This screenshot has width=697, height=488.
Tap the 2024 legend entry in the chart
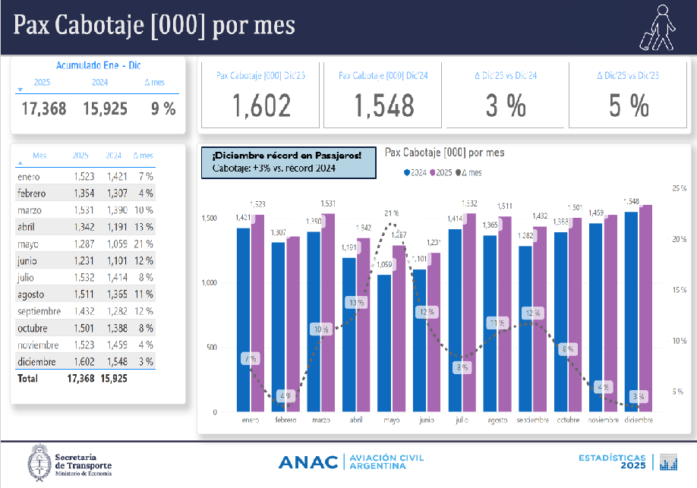point(415,172)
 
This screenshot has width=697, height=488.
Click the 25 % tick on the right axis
point(679,187)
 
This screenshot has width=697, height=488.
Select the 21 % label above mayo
point(391,213)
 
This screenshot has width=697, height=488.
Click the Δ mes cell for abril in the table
point(143,227)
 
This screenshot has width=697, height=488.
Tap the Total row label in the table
point(27,378)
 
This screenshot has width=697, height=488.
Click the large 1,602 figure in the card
point(261,106)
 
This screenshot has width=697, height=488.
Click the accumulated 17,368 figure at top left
point(43,109)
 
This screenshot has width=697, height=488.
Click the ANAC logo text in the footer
point(307,462)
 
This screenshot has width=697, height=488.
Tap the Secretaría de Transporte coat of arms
point(39,462)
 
